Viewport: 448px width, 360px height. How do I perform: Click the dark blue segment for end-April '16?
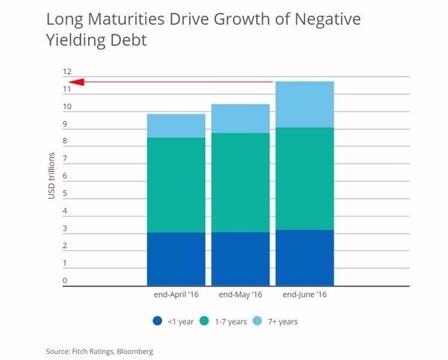[x=176, y=258]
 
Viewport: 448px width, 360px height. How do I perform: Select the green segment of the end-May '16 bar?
[x=240, y=182]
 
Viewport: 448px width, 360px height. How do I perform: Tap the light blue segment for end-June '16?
[x=305, y=104]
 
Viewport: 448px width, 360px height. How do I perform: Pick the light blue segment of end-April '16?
[x=176, y=125]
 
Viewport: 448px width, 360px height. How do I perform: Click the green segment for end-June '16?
[x=305, y=179]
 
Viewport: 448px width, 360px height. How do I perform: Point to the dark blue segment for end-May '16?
[x=240, y=258]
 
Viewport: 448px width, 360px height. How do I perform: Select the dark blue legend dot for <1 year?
[x=157, y=321]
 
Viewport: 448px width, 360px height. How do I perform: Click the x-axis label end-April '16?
[x=176, y=295]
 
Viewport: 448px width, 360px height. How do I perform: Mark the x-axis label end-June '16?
[x=305, y=295]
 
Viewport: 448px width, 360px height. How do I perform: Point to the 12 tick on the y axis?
[x=67, y=72]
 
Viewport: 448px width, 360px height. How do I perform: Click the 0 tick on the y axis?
[x=64, y=281]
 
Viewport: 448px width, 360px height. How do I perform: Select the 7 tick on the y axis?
[x=64, y=159]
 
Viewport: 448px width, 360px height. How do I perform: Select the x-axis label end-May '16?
[x=240, y=295]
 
